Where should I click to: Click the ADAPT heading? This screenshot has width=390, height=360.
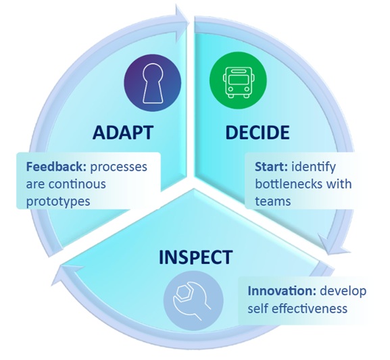point(123,132)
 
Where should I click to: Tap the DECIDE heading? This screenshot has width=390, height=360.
point(257,132)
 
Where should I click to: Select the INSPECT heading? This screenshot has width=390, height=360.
point(195,257)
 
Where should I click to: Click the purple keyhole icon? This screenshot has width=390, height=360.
point(153,83)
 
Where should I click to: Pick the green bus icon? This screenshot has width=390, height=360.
point(239,80)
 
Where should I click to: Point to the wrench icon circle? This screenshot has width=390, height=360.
point(193,301)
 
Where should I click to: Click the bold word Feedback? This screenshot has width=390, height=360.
point(56,167)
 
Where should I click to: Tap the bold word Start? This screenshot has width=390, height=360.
point(271,167)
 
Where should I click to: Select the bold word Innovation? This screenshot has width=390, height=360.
point(282,291)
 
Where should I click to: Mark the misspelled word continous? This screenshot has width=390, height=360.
point(77,184)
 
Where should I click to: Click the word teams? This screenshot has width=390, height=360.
point(273,201)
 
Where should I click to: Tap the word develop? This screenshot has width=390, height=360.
point(343,291)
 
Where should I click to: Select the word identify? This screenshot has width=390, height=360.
point(314,167)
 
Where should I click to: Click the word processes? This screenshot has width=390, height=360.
point(118,168)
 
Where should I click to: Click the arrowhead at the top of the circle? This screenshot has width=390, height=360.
point(182,24)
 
